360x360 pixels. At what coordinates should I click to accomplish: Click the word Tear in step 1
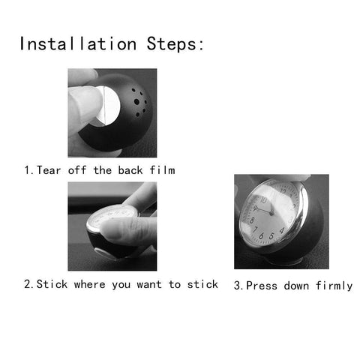tap(51, 170)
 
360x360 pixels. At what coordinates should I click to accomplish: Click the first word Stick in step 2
tap(52, 284)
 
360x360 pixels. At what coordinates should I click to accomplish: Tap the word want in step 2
tap(151, 284)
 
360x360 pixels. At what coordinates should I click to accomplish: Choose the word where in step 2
tap(94, 284)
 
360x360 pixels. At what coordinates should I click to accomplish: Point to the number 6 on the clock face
tap(280, 240)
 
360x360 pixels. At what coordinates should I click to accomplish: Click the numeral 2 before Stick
tap(28, 284)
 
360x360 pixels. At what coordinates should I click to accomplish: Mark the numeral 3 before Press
tap(238, 286)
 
